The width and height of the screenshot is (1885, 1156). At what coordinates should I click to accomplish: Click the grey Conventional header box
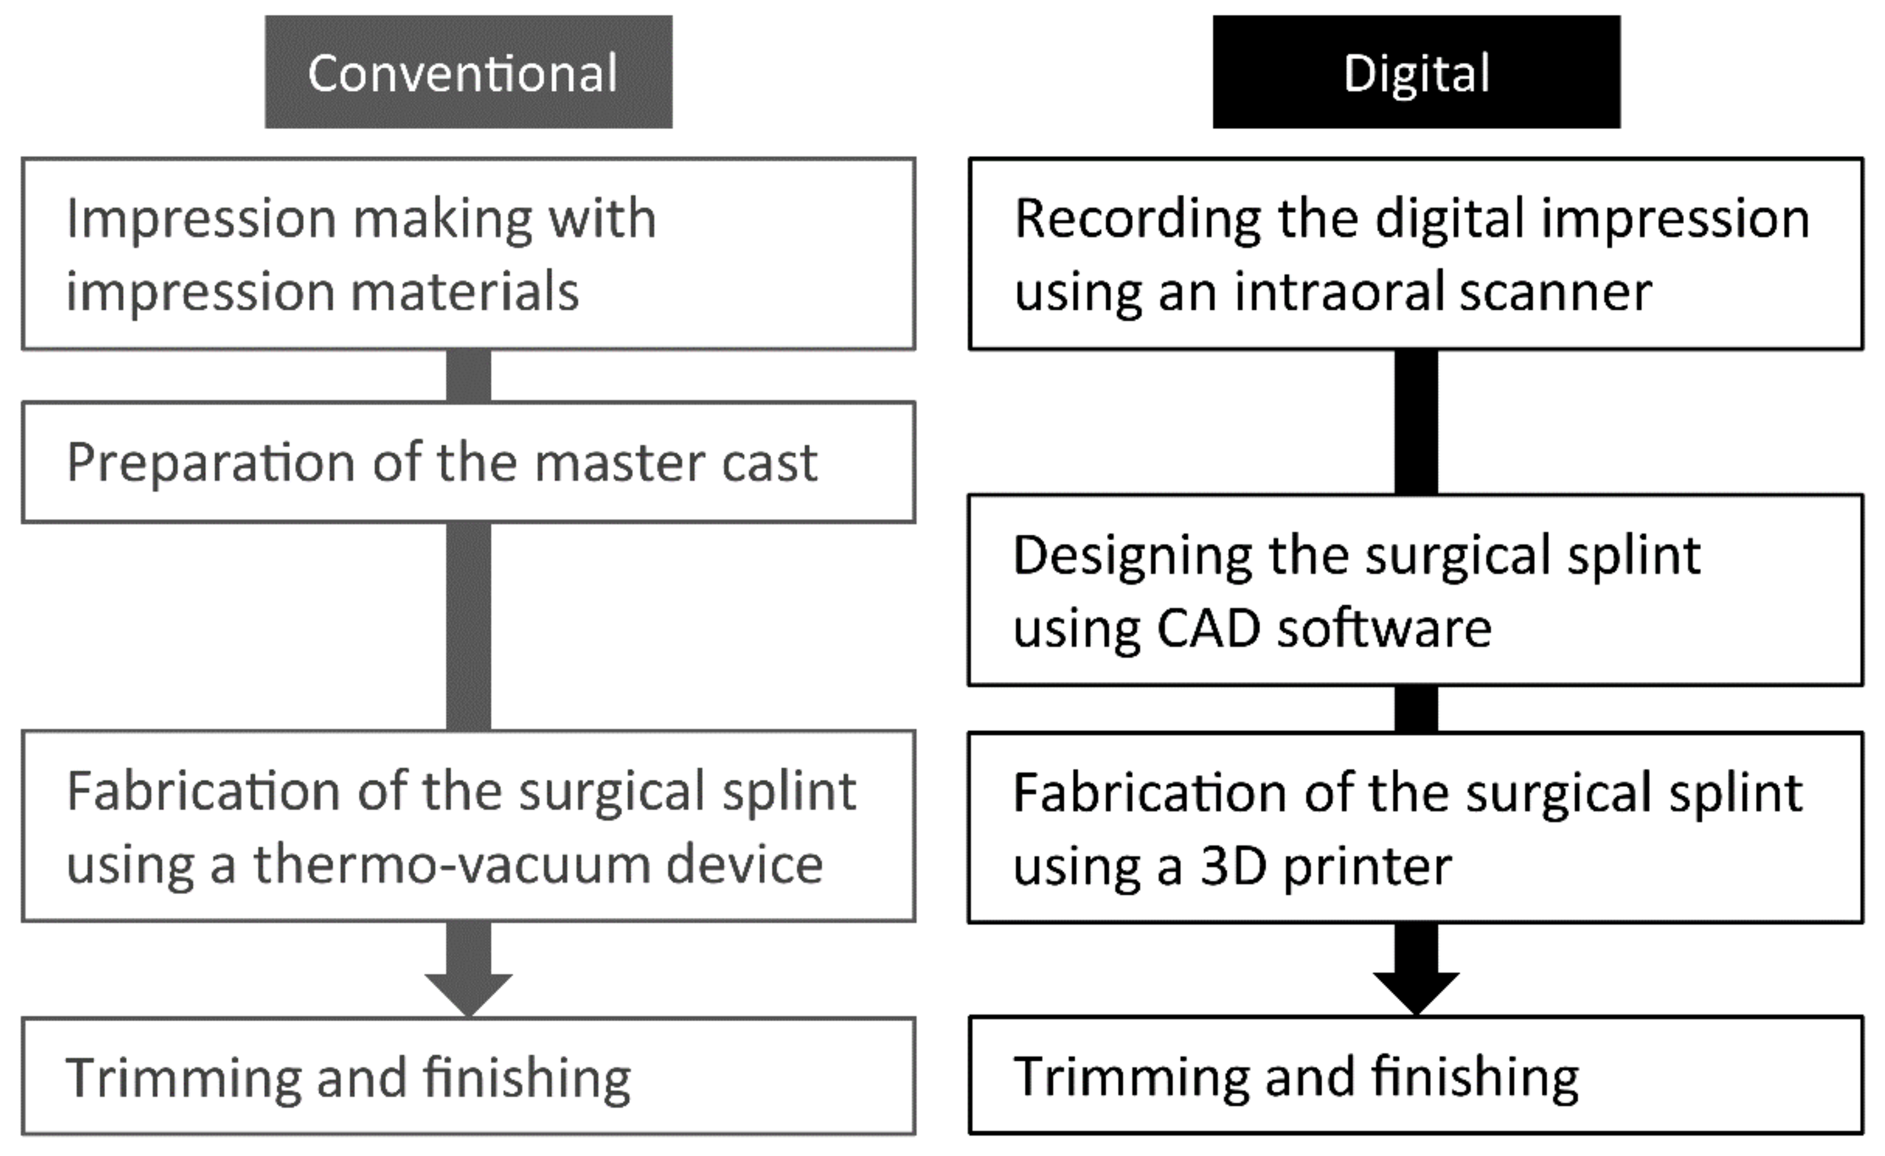click(468, 72)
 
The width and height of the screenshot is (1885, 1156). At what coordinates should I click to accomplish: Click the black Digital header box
click(1416, 72)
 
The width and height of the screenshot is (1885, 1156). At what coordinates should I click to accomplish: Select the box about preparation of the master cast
click(468, 462)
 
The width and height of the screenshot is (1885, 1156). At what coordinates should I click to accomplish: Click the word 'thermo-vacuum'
click(451, 865)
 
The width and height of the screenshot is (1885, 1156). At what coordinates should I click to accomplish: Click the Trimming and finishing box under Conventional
click(468, 1075)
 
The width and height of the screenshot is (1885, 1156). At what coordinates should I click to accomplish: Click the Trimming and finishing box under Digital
click(1416, 1074)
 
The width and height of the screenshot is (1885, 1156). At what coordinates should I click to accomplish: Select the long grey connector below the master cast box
click(468, 626)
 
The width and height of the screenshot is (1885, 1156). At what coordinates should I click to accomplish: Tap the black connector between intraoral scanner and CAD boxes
click(1416, 422)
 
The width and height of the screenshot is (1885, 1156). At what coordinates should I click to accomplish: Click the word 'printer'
click(1367, 868)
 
